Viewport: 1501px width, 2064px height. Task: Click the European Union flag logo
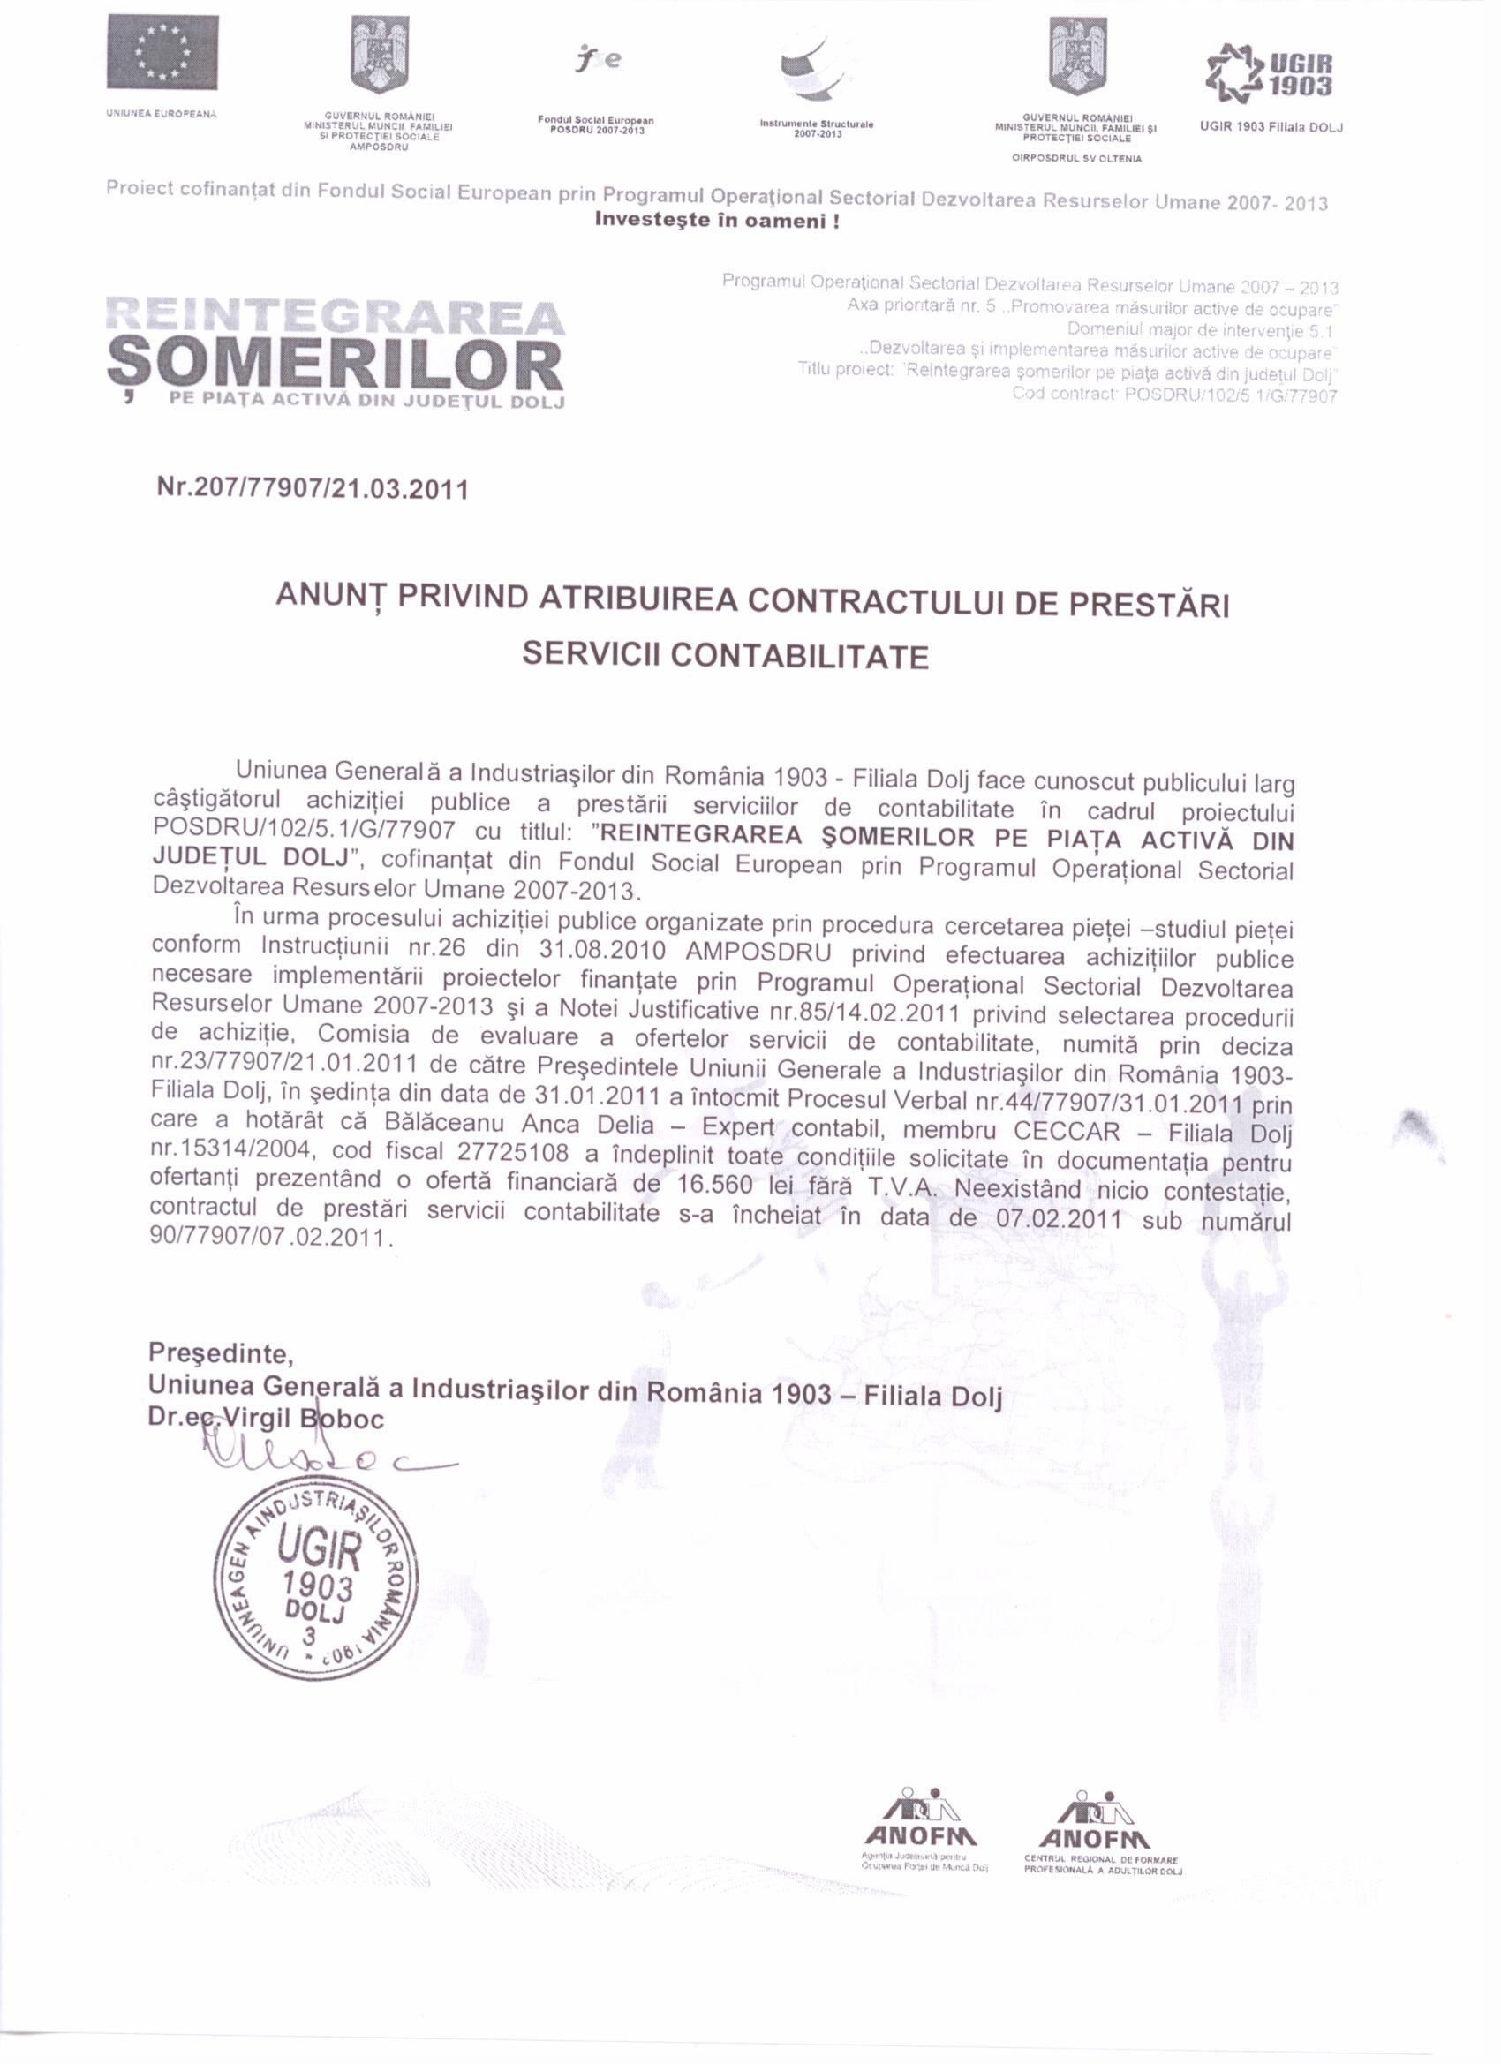pos(162,52)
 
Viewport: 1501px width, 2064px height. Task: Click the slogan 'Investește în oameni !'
pos(716,221)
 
